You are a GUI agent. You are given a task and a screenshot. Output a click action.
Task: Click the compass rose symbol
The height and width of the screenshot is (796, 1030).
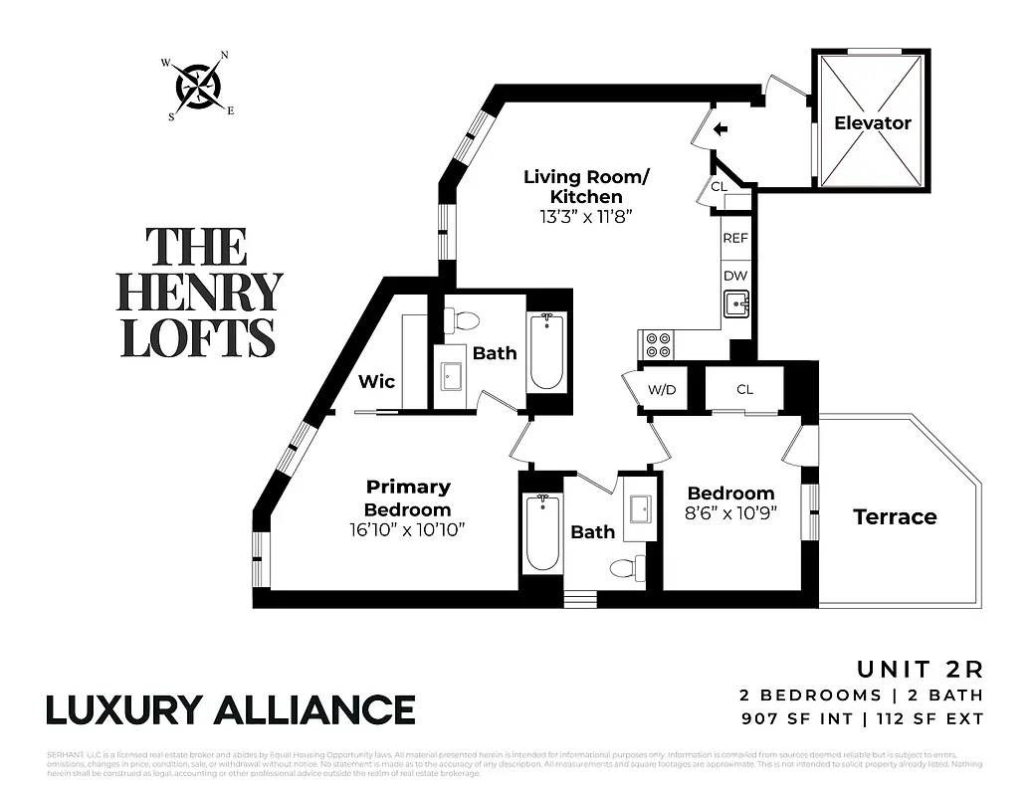tap(198, 88)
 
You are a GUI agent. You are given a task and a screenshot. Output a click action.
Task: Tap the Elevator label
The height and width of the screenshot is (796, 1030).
tap(872, 123)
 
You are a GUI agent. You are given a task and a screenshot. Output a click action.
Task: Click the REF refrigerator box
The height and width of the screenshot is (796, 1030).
tap(735, 239)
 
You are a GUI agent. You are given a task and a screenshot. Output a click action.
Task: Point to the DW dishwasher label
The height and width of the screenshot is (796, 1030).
tap(735, 276)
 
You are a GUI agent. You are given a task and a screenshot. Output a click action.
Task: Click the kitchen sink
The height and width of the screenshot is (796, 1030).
tap(736, 302)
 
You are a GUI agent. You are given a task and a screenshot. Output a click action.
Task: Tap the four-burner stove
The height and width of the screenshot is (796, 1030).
tap(658, 344)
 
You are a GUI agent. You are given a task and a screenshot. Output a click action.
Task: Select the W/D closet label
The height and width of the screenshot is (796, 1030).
tap(662, 389)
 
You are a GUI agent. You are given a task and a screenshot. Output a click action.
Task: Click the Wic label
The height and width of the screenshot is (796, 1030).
tap(377, 381)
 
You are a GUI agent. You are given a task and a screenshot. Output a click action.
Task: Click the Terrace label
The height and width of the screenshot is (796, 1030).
tap(895, 516)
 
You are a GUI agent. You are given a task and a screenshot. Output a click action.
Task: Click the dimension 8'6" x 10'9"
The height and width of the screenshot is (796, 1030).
tap(730, 512)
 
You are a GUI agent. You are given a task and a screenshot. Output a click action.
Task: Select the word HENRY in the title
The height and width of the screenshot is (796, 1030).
tap(199, 292)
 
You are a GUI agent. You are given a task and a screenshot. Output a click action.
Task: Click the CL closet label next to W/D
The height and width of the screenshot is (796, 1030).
tap(744, 389)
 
